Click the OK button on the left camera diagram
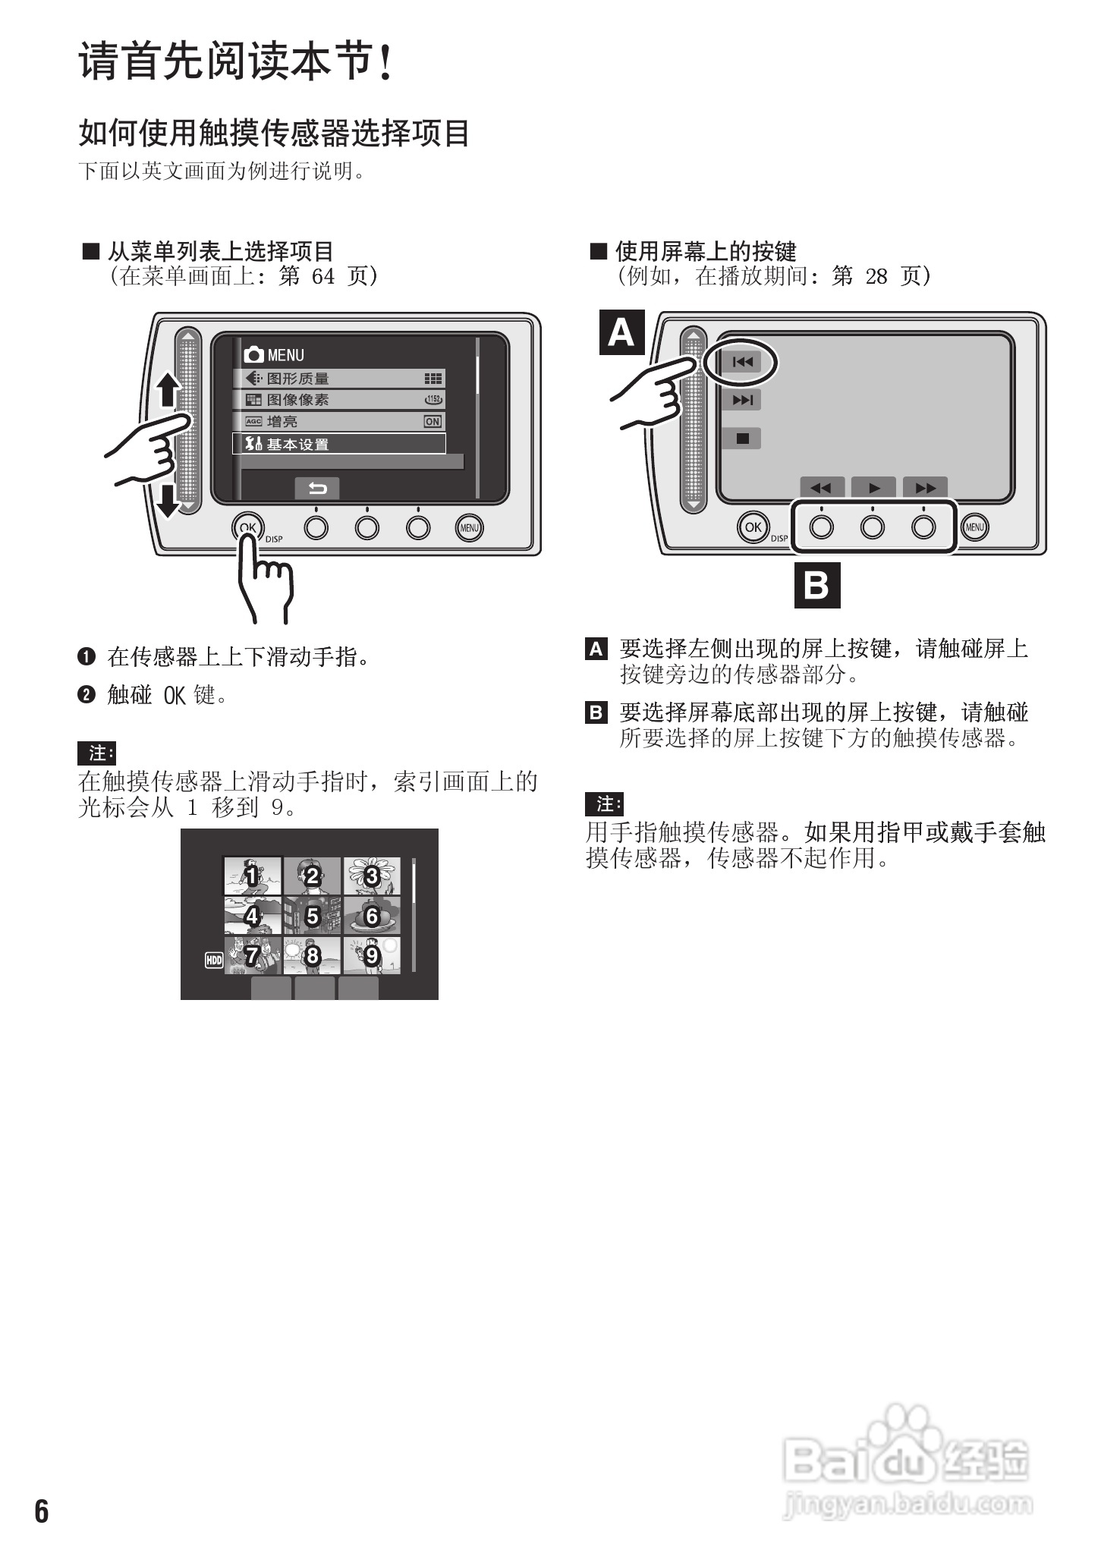[x=247, y=527]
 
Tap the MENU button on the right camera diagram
[x=974, y=527]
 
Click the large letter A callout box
[x=621, y=333]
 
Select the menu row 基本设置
[x=338, y=445]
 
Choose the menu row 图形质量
[x=338, y=379]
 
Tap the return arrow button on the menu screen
[x=316, y=489]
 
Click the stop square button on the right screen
[x=742, y=439]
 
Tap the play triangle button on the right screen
[x=873, y=488]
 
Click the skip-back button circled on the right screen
[x=741, y=363]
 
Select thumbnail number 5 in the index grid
[x=312, y=917]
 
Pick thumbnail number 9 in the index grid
[x=372, y=956]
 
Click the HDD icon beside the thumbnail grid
[x=214, y=961]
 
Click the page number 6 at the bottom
[x=42, y=1511]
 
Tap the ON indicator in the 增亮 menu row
[x=433, y=422]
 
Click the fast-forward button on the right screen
[x=925, y=488]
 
